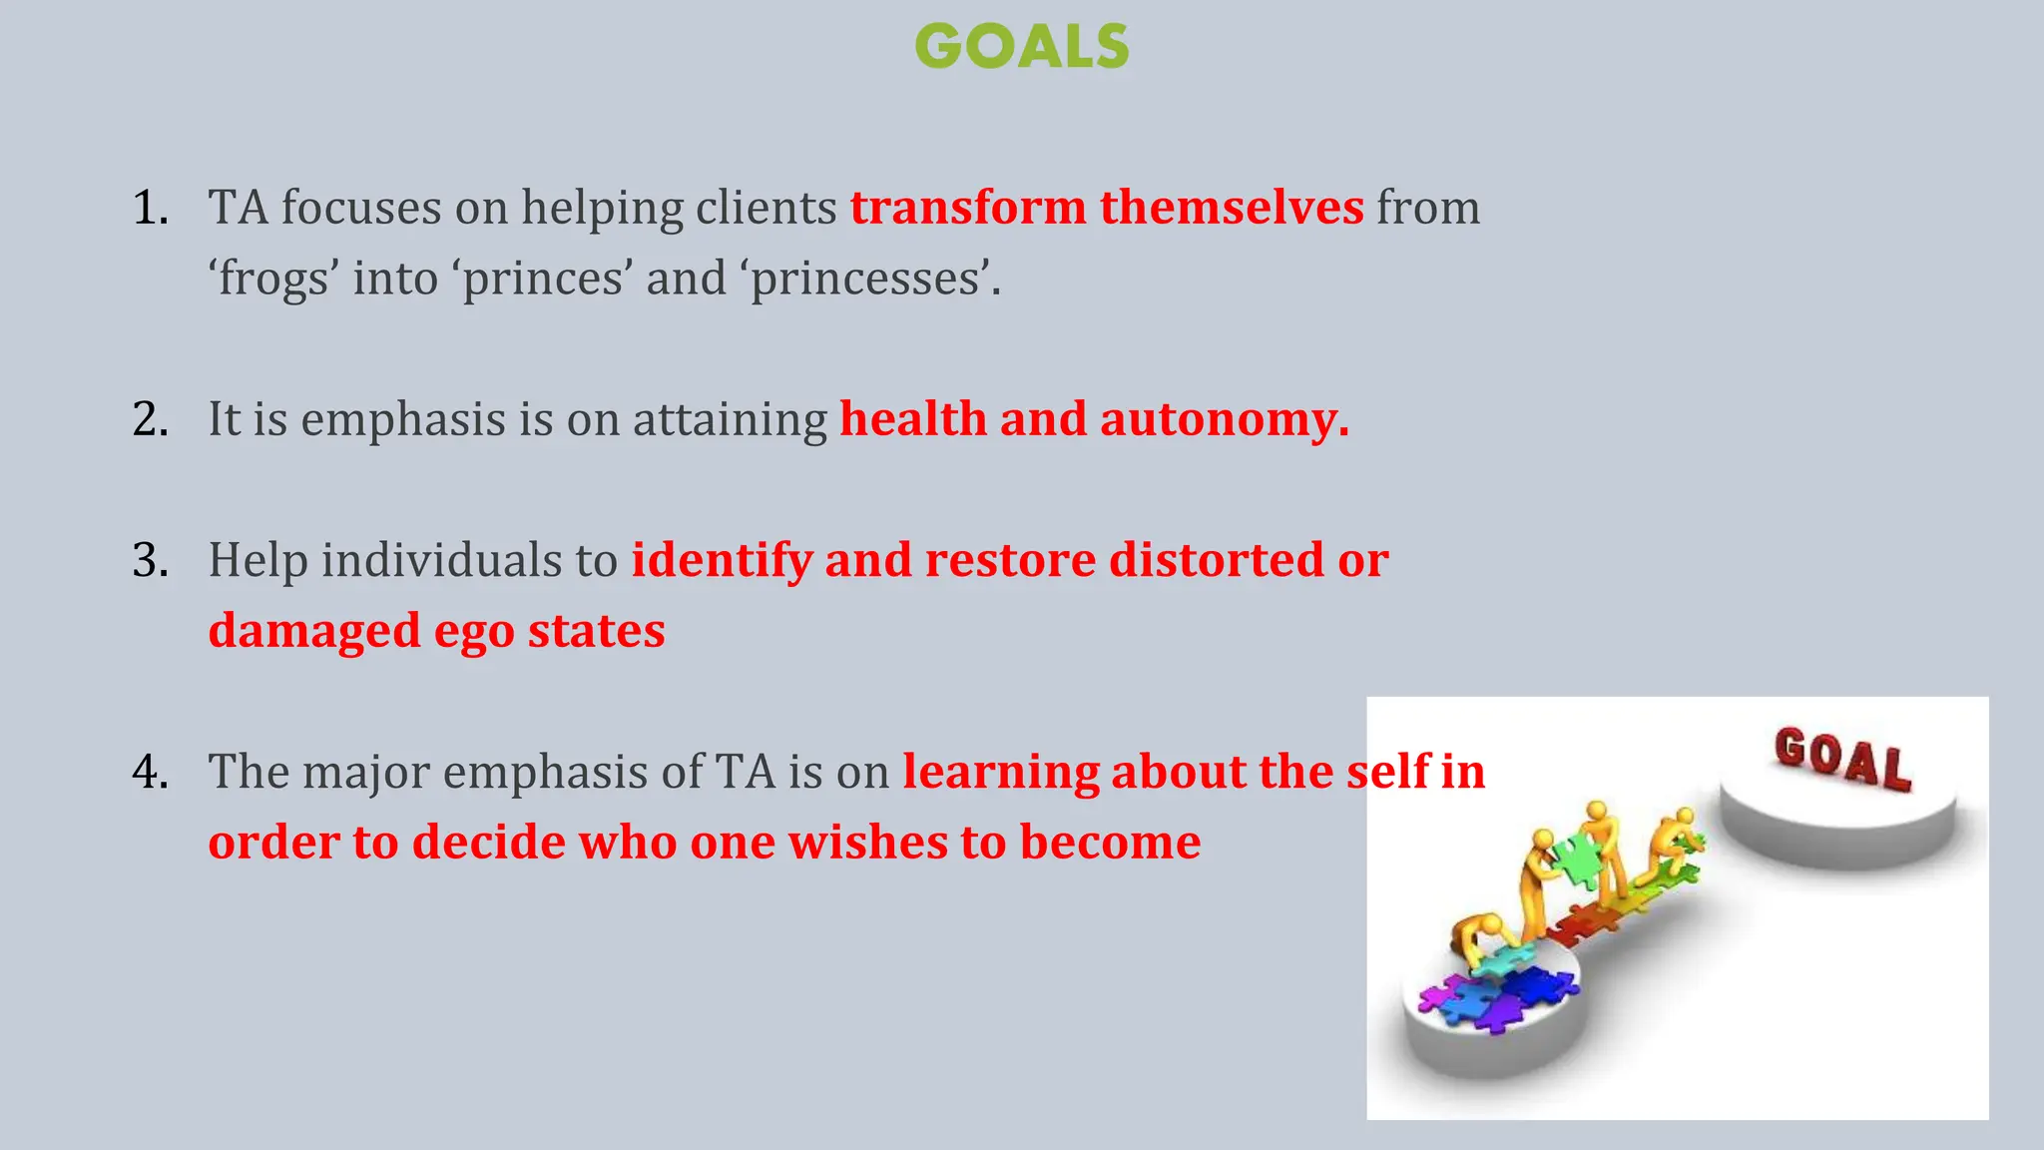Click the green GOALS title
[x=1021, y=47]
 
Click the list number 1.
[x=150, y=208]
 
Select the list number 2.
[x=150, y=419]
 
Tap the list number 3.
[x=150, y=560]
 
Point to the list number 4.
[x=150, y=772]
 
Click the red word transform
[x=967, y=208]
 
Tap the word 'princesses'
[x=868, y=279]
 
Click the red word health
[x=912, y=419]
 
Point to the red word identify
[x=722, y=560]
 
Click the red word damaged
[x=313, y=632]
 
